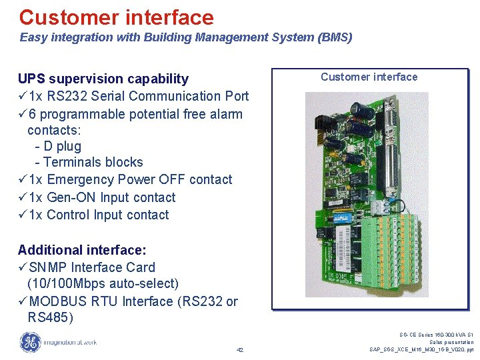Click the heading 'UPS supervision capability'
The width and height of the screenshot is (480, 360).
point(103,79)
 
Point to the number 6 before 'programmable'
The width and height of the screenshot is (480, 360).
point(33,114)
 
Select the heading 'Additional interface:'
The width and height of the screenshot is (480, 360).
point(82,250)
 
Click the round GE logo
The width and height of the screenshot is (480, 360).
point(29,343)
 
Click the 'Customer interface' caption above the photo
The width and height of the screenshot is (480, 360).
point(369,77)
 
